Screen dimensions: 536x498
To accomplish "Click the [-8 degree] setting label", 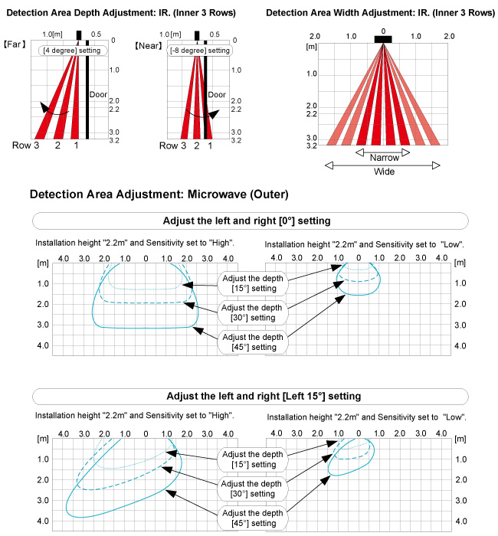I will click(x=199, y=50).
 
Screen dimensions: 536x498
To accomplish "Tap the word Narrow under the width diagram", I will click(x=384, y=156).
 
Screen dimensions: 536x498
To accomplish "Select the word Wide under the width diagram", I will click(x=384, y=172).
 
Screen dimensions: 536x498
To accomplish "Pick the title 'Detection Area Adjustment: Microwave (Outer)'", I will click(x=159, y=195).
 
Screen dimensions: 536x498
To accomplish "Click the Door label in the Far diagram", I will click(x=97, y=95).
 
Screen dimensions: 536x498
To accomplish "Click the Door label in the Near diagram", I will click(x=217, y=95).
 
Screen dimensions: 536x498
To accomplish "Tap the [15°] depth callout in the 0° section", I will click(x=254, y=283).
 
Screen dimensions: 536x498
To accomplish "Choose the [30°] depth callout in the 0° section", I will click(x=254, y=312).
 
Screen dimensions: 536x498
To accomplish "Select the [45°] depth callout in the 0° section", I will click(x=254, y=341).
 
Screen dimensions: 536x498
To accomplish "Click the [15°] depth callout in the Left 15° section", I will click(x=254, y=459).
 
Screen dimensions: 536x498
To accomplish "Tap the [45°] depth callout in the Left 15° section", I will click(x=254, y=517).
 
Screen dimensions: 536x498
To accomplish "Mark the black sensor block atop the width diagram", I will click(x=383, y=38).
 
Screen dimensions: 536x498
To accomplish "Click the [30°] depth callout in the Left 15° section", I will click(x=254, y=488).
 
